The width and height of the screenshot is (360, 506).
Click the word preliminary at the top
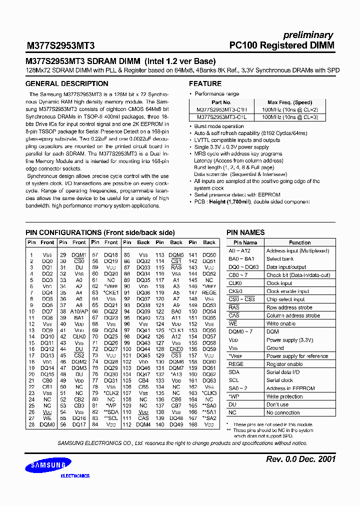308,35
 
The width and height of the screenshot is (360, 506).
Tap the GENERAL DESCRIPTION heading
66,83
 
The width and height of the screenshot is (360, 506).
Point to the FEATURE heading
205,83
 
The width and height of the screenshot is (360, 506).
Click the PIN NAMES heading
245,232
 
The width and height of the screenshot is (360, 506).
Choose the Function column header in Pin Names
299,242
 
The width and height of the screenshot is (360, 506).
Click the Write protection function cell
284,396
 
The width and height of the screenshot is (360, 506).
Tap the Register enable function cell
284,364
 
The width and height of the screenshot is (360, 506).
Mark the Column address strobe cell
293,315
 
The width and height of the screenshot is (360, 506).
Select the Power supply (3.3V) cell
289,340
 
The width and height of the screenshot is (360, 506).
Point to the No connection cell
283,412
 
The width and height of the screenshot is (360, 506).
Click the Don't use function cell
277,404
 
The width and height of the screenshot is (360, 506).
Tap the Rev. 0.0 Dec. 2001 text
299,459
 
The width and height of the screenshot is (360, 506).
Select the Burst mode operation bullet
219,126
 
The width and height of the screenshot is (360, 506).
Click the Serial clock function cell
279,380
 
